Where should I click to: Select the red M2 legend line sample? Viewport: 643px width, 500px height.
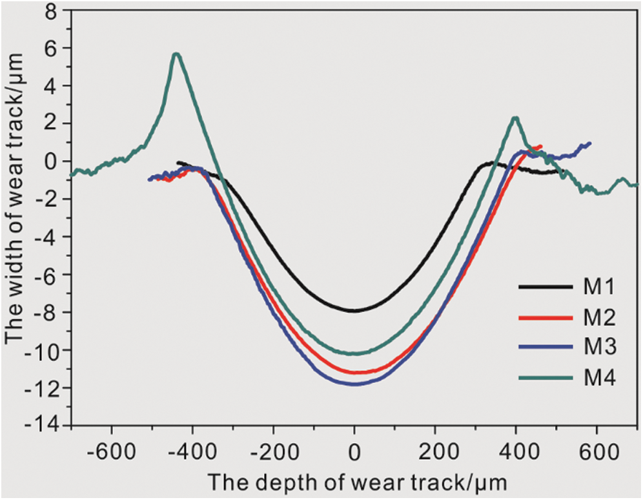(x=546, y=317)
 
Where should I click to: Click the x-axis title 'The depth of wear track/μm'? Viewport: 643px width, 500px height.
(x=354, y=481)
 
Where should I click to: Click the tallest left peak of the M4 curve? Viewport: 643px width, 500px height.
(x=176, y=54)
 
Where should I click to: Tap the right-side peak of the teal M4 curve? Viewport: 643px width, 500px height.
(x=515, y=118)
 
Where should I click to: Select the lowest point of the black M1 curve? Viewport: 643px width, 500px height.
(x=354, y=310)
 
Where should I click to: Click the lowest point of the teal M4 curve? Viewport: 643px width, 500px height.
(x=354, y=353)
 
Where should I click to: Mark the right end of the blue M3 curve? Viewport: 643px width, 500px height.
(x=589, y=143)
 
